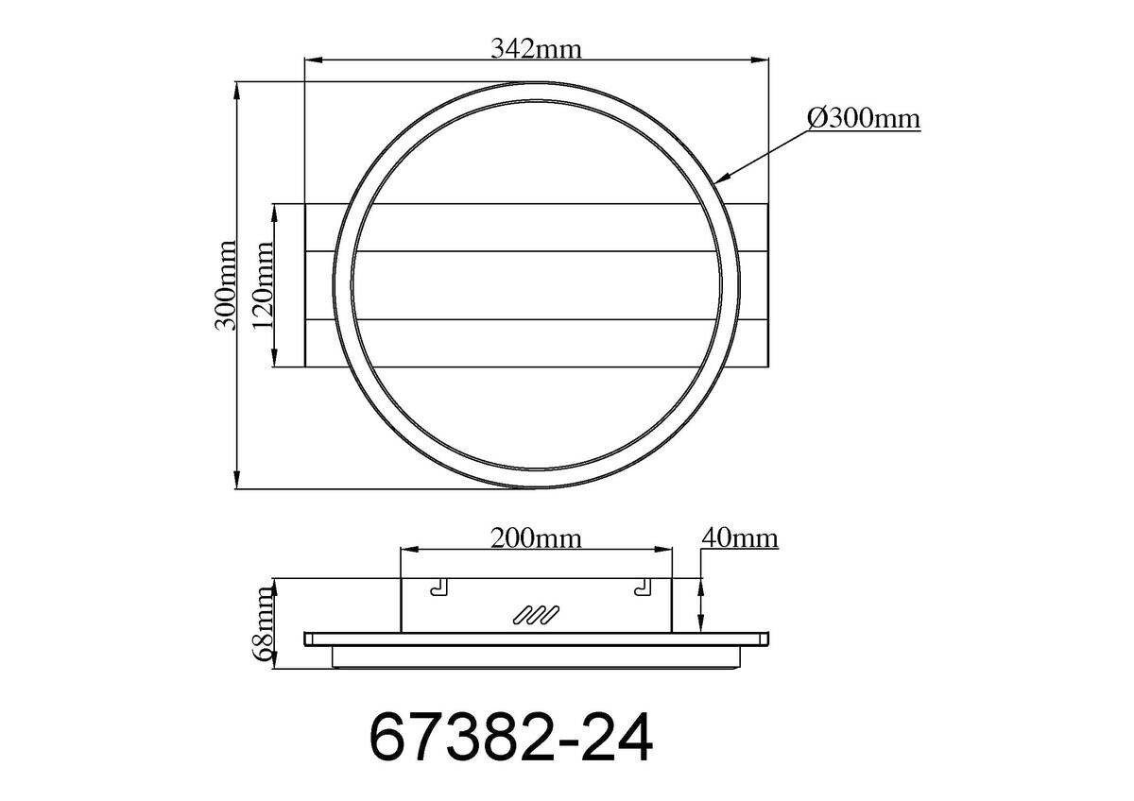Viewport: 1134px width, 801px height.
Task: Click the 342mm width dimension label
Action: (535, 48)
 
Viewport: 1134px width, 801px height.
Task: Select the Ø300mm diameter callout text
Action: (864, 119)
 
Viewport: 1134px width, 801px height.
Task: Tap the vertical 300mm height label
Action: (225, 285)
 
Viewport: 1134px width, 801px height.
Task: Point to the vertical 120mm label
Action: (263, 285)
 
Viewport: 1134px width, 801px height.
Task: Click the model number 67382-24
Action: (510, 738)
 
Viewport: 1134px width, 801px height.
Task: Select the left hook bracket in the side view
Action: (438, 588)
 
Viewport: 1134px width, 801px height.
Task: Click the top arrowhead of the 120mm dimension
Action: (274, 210)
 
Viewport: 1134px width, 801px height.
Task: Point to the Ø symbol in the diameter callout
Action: (817, 119)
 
